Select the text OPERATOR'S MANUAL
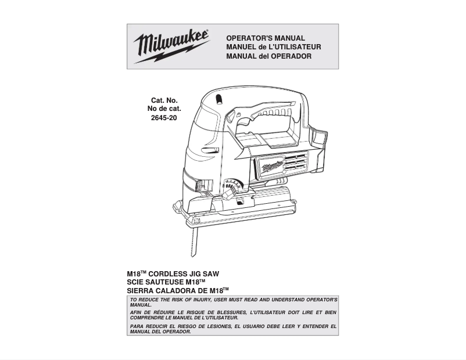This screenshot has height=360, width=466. (265, 38)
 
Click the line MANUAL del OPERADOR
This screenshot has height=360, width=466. (268, 56)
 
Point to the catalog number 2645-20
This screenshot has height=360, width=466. (164, 118)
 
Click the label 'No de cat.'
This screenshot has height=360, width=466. (164, 109)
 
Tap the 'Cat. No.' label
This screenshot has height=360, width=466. (164, 100)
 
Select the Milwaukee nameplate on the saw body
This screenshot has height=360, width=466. (271, 167)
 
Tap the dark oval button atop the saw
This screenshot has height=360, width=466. (219, 99)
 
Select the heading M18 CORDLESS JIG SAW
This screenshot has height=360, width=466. (173, 273)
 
